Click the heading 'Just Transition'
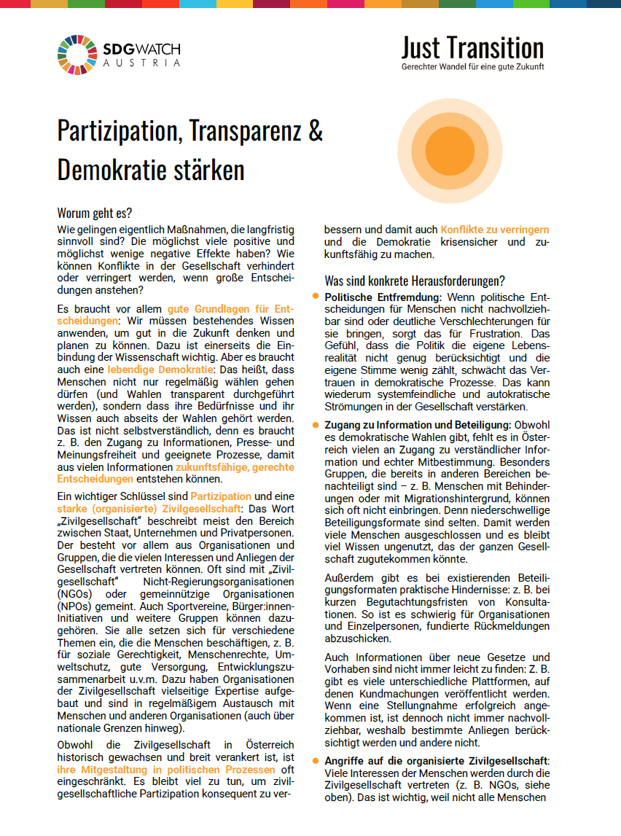click(472, 48)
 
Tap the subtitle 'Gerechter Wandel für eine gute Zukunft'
click(472, 67)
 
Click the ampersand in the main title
click(315, 132)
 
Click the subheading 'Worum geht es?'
click(95, 214)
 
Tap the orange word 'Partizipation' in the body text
click(221, 496)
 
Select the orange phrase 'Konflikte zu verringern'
click(495, 230)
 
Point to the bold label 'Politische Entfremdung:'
click(383, 297)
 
